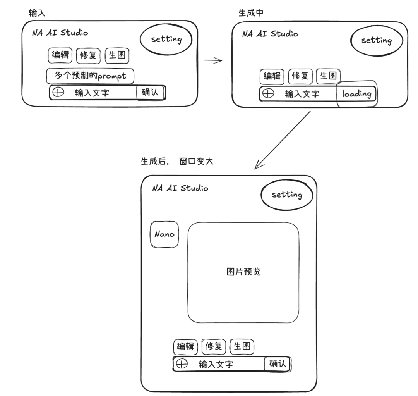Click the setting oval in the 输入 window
click(166, 39)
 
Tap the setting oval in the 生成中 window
click(376, 40)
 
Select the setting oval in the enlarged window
click(287, 195)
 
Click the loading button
click(357, 93)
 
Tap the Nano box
click(164, 234)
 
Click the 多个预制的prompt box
click(90, 76)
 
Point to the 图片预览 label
click(243, 272)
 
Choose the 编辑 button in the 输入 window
click(60, 55)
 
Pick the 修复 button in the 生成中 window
click(300, 76)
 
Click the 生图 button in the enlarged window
click(242, 346)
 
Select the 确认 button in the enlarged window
click(277, 364)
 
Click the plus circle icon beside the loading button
click(268, 93)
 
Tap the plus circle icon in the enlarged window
click(182, 364)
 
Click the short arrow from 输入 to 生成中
click(213, 60)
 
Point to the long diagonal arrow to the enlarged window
click(283, 140)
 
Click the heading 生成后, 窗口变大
click(177, 162)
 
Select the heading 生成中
click(251, 13)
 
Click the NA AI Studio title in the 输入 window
click(60, 33)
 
